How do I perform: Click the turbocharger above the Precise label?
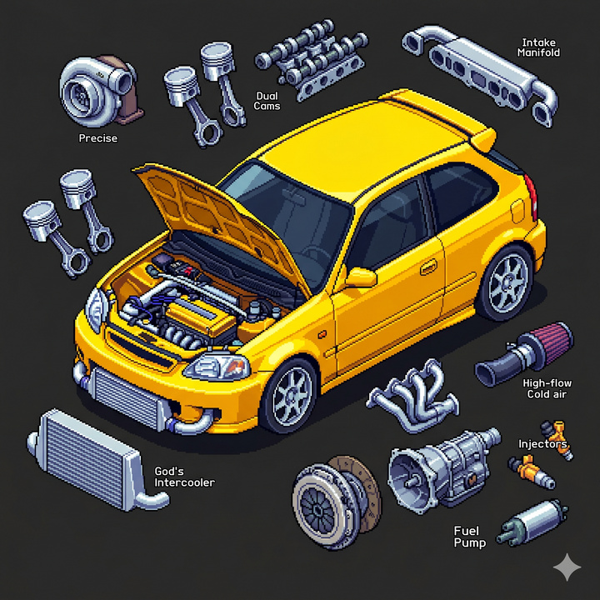100,90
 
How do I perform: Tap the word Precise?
98,138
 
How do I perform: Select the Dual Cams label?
267,101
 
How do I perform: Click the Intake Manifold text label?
539,47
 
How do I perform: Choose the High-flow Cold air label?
547,389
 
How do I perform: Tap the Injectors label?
542,444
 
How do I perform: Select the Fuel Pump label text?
470,537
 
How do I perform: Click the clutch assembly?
337,502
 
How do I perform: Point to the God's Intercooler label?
184,477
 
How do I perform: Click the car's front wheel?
290,396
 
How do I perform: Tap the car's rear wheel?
506,283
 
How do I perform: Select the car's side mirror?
361,277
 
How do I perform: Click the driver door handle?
429,267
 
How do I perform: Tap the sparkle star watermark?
567,567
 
